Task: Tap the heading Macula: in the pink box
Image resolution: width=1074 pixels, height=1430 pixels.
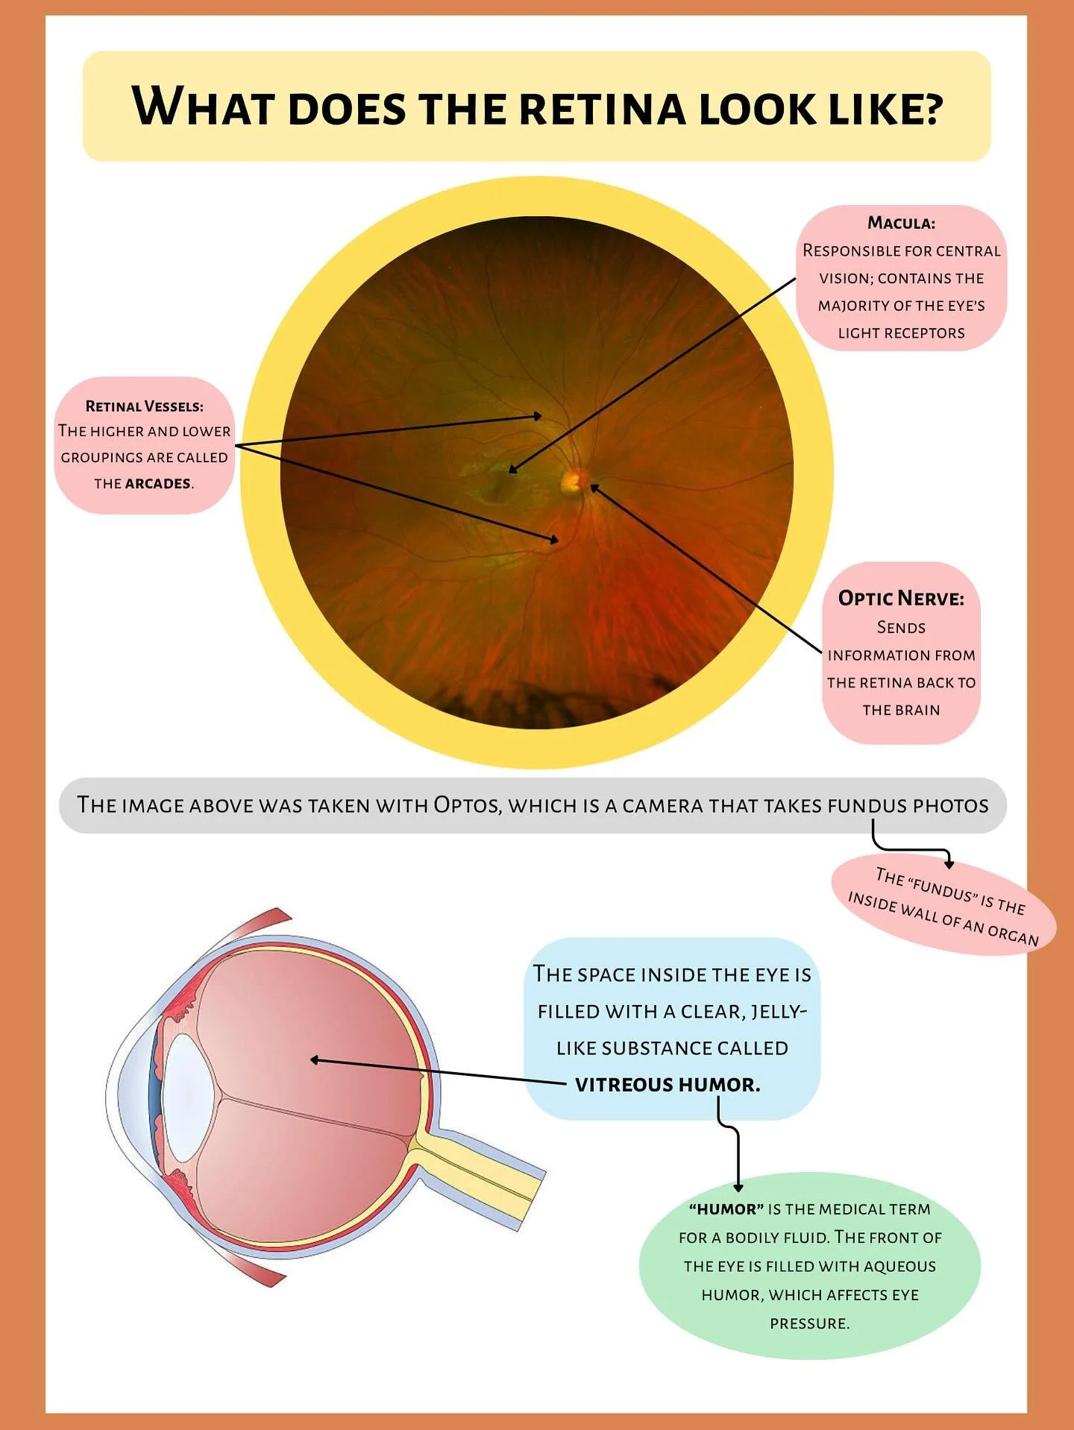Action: tap(901, 223)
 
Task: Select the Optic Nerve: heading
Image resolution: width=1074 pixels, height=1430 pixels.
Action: tap(901, 598)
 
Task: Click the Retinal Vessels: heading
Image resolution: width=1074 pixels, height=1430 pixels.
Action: tap(144, 406)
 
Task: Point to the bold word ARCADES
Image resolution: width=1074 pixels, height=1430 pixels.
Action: tap(157, 484)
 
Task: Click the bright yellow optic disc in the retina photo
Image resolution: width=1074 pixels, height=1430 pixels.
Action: tap(573, 480)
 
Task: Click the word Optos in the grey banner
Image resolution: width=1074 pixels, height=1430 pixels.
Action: tap(467, 805)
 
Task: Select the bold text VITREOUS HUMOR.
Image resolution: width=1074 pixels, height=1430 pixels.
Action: tap(668, 1085)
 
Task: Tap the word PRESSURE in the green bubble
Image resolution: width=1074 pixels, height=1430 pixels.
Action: tap(809, 1323)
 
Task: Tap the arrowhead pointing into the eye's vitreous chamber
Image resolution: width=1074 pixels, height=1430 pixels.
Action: tap(315, 1059)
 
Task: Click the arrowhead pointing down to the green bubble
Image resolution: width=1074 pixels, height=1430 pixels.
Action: tap(738, 1187)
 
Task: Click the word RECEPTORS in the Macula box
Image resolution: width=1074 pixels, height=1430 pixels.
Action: tap(923, 333)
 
